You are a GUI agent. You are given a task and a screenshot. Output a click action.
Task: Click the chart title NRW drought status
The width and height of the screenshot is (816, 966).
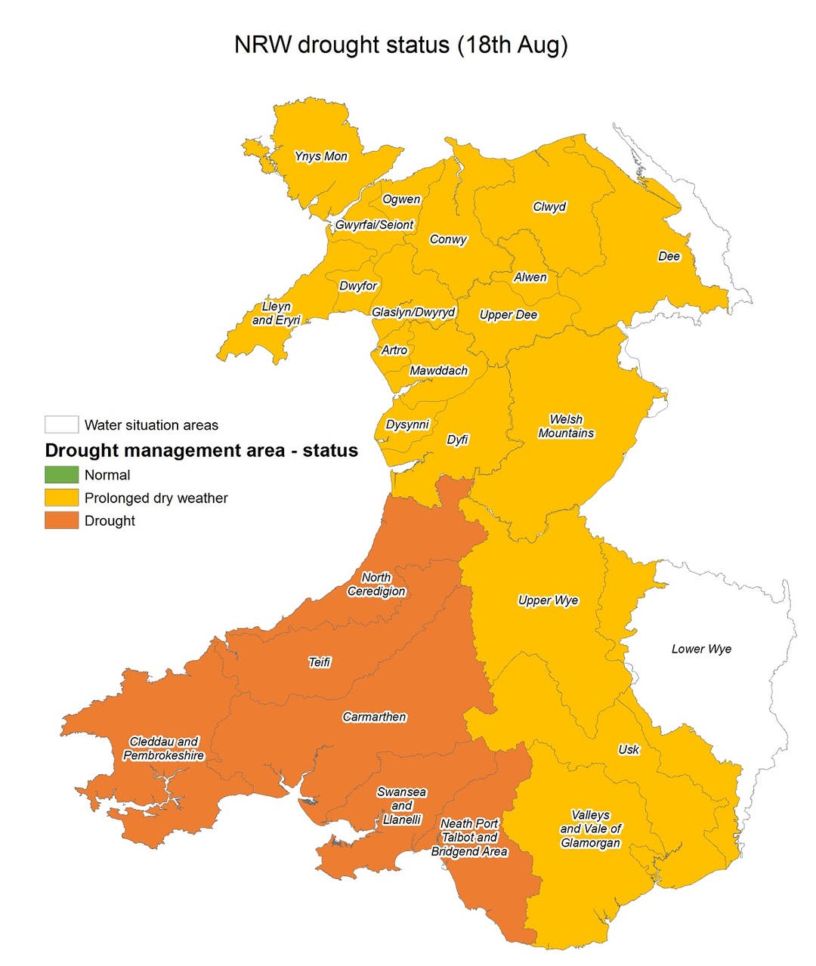[400, 45]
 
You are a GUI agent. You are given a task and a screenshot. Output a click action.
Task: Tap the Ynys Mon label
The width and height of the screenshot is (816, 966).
[321, 156]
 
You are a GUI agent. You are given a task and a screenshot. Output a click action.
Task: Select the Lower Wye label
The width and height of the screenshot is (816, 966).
[701, 649]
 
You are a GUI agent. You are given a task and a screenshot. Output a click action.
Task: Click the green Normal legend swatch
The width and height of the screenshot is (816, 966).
[61, 475]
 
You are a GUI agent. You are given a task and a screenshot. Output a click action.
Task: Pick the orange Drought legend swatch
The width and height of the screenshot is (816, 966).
[61, 520]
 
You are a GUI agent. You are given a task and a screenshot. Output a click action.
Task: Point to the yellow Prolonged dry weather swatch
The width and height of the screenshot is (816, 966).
[61, 498]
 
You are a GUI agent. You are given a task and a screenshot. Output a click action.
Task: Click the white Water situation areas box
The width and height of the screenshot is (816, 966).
[61, 424]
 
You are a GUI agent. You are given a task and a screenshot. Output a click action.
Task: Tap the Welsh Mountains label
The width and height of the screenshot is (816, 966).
[566, 426]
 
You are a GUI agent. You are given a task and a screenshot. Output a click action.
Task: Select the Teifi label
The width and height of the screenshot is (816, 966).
[320, 662]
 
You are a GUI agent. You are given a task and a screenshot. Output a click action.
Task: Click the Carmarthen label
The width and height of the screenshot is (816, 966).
[374, 717]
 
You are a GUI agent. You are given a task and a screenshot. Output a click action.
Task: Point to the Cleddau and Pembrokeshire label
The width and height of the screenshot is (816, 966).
[164, 748]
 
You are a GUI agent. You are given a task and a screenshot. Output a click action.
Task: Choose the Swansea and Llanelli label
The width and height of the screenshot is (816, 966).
[401, 806]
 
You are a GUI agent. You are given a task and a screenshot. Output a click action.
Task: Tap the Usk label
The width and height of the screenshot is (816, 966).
[628, 749]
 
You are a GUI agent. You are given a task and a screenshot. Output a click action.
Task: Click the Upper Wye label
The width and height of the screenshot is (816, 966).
[548, 600]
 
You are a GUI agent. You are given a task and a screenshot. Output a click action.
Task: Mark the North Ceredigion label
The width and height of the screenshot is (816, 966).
[376, 585]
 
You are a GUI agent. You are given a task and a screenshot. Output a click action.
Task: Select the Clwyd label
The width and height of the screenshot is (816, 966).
[549, 207]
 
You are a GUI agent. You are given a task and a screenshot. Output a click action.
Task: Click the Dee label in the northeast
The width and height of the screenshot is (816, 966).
[669, 256]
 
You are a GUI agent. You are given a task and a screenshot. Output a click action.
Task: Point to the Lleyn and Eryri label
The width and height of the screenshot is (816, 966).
[276, 313]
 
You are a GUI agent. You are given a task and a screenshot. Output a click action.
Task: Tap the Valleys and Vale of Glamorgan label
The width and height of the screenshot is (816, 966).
[590, 829]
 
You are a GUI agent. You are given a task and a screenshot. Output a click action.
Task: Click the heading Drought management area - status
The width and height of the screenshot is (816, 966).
[201, 451]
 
